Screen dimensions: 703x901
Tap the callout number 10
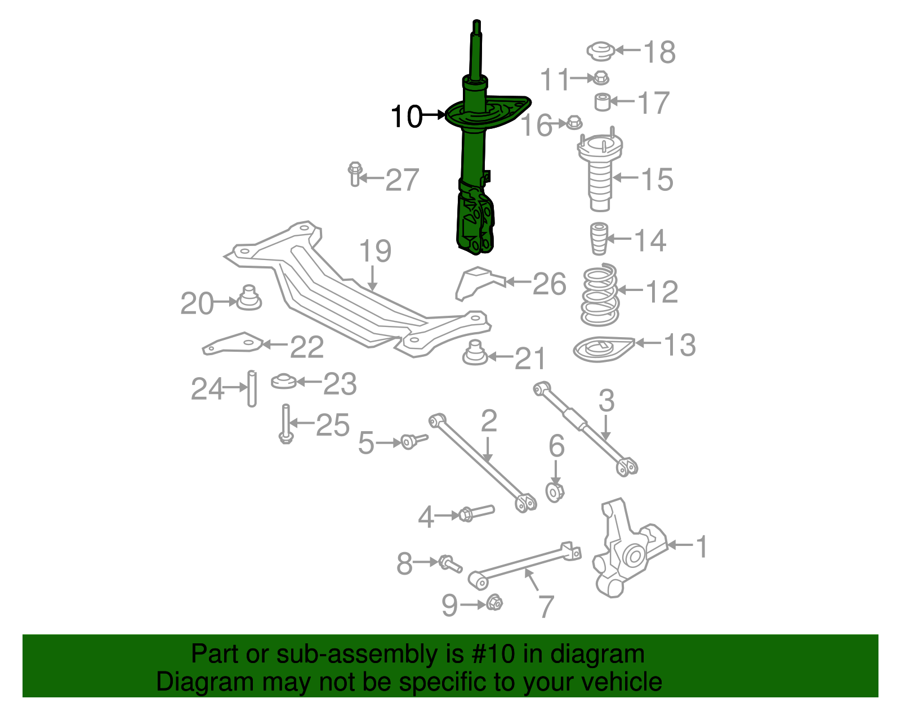click(x=406, y=117)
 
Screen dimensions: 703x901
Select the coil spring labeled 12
click(x=600, y=295)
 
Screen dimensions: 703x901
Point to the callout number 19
click(x=375, y=251)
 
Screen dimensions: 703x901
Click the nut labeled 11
click(x=601, y=78)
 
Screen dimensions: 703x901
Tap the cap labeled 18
click(x=600, y=51)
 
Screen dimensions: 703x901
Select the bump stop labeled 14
click(x=598, y=239)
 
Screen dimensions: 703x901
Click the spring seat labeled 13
click(x=601, y=349)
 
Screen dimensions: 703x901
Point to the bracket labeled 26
click(x=476, y=283)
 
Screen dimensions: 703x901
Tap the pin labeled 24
click(x=252, y=388)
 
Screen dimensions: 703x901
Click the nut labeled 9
click(x=494, y=603)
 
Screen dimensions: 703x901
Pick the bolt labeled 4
click(x=476, y=513)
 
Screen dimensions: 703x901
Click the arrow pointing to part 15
click(x=625, y=178)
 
